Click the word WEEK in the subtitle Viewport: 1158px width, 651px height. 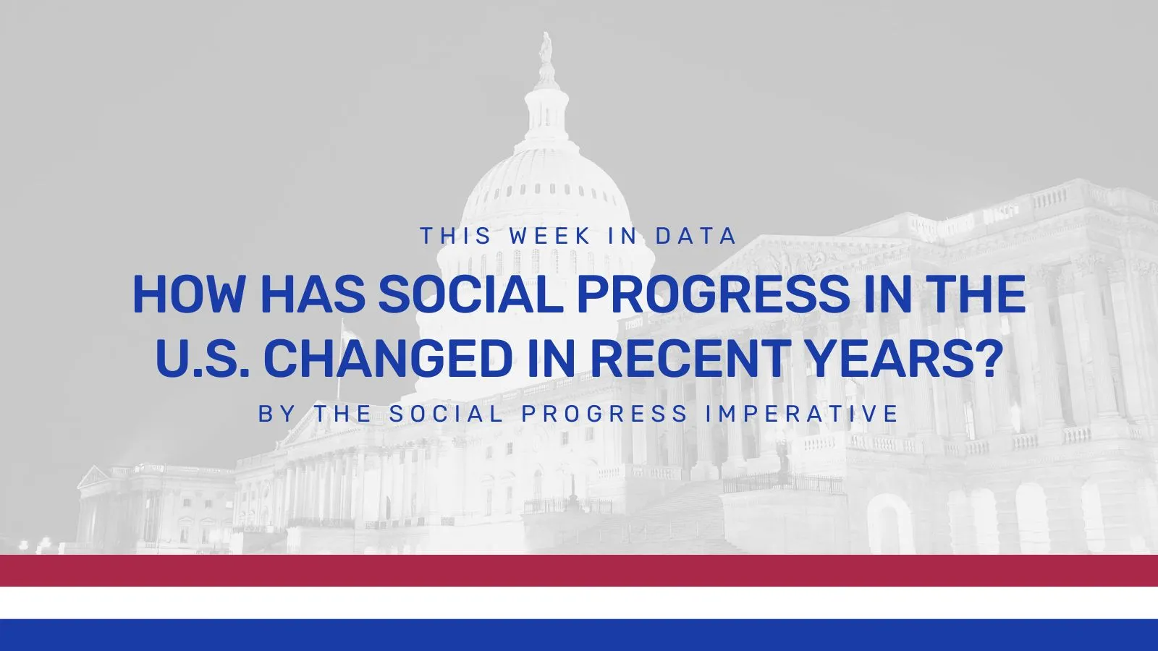(x=549, y=236)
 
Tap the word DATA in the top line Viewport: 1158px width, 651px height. (x=696, y=236)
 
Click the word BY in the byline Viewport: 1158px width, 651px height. (x=278, y=413)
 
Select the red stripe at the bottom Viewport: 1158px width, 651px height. (x=579, y=571)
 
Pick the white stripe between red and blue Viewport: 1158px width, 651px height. (x=579, y=603)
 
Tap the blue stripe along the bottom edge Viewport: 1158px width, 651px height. (x=579, y=635)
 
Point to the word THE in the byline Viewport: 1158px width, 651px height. (x=343, y=413)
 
